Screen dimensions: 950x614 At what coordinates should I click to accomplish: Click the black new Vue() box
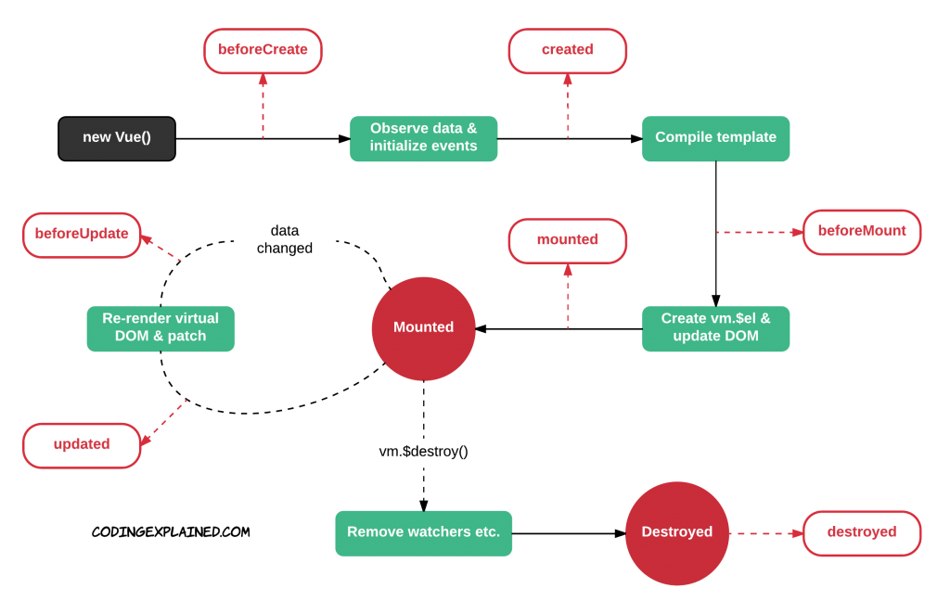pyautogui.click(x=117, y=139)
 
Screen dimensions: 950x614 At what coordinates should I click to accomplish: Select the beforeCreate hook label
pyautogui.click(x=263, y=51)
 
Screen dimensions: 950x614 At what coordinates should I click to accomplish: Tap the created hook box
pyautogui.click(x=568, y=51)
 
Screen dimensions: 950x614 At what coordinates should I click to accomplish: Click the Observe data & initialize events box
pyautogui.click(x=423, y=139)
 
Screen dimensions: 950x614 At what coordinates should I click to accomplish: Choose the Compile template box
pyautogui.click(x=715, y=139)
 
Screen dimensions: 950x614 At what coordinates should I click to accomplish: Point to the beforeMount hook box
pyautogui.click(x=862, y=232)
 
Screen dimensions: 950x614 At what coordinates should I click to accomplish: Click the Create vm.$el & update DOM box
pyautogui.click(x=715, y=329)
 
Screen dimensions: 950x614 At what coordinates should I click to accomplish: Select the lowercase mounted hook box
pyautogui.click(x=568, y=241)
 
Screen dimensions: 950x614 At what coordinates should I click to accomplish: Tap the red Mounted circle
pyautogui.click(x=423, y=329)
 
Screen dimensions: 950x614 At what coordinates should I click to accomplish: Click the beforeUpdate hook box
pyautogui.click(x=82, y=235)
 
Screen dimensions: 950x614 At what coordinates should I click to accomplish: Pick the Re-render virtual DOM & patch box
pyautogui.click(x=160, y=329)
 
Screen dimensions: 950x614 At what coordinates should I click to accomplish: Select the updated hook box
pyautogui.click(x=82, y=446)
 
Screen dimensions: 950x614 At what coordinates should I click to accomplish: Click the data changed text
pyautogui.click(x=285, y=239)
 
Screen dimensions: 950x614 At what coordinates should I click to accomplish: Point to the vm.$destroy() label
pyautogui.click(x=423, y=452)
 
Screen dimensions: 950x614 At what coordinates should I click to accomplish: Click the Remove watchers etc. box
pyautogui.click(x=423, y=533)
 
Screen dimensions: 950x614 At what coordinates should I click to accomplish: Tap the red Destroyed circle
pyautogui.click(x=676, y=533)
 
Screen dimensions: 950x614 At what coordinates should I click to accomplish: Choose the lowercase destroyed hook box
pyautogui.click(x=862, y=533)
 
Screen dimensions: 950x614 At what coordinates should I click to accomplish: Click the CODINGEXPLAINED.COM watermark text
pyautogui.click(x=171, y=532)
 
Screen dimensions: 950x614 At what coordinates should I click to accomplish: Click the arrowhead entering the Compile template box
pyautogui.click(x=636, y=139)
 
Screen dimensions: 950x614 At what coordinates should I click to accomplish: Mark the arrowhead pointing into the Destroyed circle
pyautogui.click(x=620, y=533)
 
